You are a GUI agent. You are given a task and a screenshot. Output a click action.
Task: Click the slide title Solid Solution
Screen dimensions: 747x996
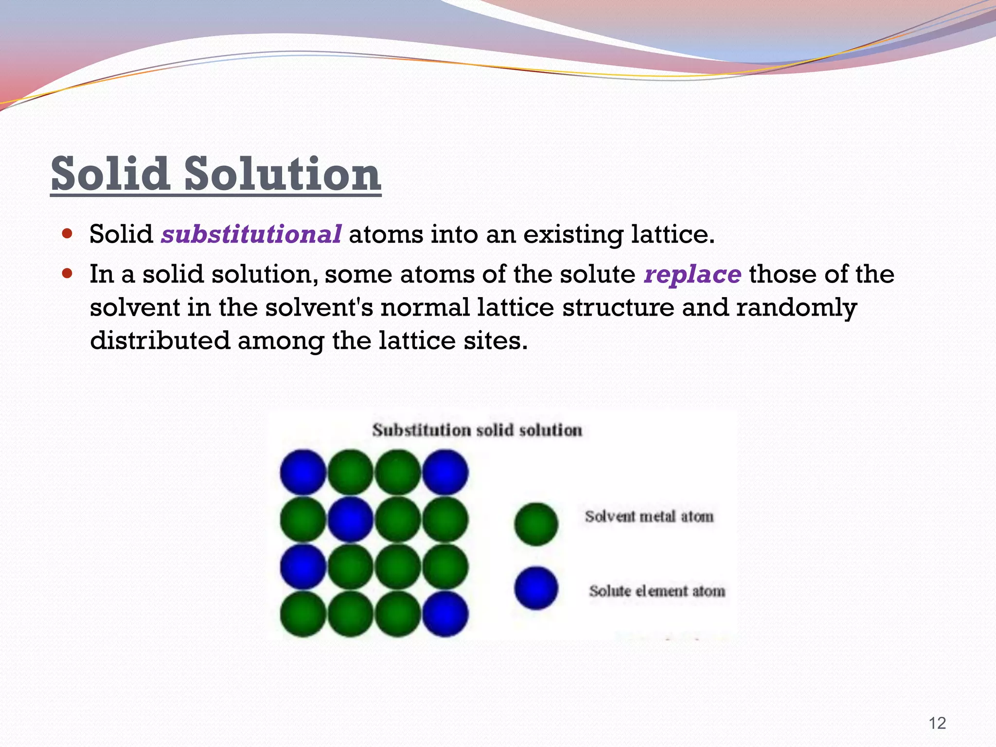pyautogui.click(x=216, y=174)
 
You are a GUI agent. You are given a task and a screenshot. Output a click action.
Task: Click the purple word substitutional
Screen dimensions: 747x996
pyautogui.click(x=251, y=234)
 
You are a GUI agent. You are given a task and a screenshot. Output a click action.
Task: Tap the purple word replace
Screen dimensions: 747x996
pyautogui.click(x=692, y=274)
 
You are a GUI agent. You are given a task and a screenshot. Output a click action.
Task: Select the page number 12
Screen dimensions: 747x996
pyautogui.click(x=937, y=723)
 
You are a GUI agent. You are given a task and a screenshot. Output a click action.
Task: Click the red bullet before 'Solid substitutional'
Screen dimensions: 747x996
pyautogui.click(x=68, y=234)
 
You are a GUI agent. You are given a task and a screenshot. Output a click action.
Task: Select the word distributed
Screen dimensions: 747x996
pyautogui.click(x=160, y=340)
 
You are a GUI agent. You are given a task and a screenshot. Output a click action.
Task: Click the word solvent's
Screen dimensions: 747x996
pyautogui.click(x=319, y=308)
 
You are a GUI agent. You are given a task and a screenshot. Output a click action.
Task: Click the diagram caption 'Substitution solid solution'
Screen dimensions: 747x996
pyautogui.click(x=477, y=430)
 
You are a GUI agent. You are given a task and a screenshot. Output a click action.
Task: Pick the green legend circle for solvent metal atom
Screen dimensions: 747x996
pyautogui.click(x=536, y=524)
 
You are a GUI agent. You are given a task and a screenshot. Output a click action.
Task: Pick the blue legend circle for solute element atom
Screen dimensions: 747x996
pyautogui.click(x=536, y=588)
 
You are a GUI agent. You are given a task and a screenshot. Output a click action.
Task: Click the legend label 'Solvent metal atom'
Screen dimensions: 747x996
pyautogui.click(x=649, y=516)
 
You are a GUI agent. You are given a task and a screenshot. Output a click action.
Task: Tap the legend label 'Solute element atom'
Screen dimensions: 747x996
pyautogui.click(x=657, y=591)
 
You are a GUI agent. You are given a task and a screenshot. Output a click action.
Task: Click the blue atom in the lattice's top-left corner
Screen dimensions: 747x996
pyautogui.click(x=303, y=472)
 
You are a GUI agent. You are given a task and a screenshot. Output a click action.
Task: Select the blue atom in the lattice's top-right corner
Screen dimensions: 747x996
pyautogui.click(x=445, y=472)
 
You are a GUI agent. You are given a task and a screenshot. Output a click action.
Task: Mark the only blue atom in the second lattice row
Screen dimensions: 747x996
pyautogui.click(x=350, y=519)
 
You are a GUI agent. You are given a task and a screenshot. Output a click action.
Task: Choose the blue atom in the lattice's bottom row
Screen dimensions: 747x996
pyautogui.click(x=445, y=614)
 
